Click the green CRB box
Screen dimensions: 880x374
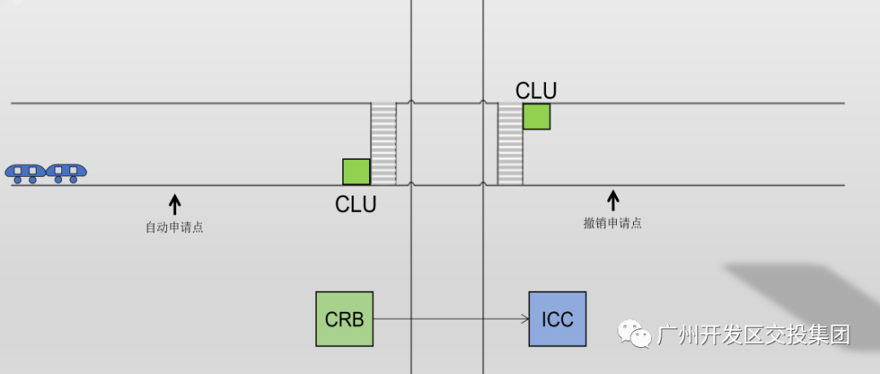[344, 319]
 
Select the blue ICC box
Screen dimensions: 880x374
[557, 319]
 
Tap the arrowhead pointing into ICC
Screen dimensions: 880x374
[526, 319]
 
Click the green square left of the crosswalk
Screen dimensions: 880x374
[356, 172]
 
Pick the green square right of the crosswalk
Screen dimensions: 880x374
[536, 117]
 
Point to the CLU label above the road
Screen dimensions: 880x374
[536, 91]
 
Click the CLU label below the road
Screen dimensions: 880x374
[355, 205]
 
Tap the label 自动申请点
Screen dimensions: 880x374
[174, 228]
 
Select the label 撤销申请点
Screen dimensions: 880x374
[613, 223]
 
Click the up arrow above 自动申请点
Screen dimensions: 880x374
[174, 205]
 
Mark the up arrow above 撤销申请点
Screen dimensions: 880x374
[614, 200]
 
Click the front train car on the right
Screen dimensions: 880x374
[67, 173]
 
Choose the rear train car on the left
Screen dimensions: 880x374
[25, 173]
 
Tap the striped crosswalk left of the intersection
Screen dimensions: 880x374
[383, 143]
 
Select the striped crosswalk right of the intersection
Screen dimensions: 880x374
[510, 143]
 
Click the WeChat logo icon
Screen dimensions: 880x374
[636, 334]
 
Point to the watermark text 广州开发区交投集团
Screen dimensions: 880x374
[754, 335]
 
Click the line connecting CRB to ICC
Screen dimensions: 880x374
[451, 319]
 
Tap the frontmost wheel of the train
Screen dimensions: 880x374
[73, 180]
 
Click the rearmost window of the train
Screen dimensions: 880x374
[17, 170]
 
